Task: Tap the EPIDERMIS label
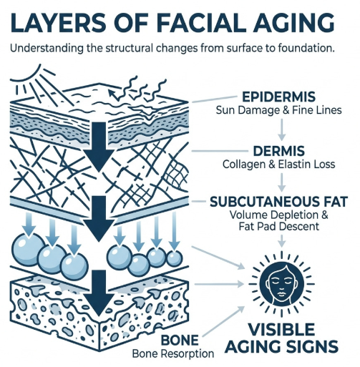(278, 97)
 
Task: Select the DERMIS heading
(278, 151)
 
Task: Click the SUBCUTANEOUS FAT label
(278, 202)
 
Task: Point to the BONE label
(180, 340)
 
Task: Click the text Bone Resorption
(173, 353)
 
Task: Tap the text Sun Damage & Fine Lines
(278, 110)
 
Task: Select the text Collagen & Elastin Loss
(278, 165)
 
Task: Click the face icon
(281, 284)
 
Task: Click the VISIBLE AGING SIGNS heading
(282, 338)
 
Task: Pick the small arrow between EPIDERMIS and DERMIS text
(282, 129)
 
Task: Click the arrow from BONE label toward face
(223, 321)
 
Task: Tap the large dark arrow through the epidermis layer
(99, 147)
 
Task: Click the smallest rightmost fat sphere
(175, 258)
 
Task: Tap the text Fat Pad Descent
(278, 226)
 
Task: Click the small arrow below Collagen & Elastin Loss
(282, 182)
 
